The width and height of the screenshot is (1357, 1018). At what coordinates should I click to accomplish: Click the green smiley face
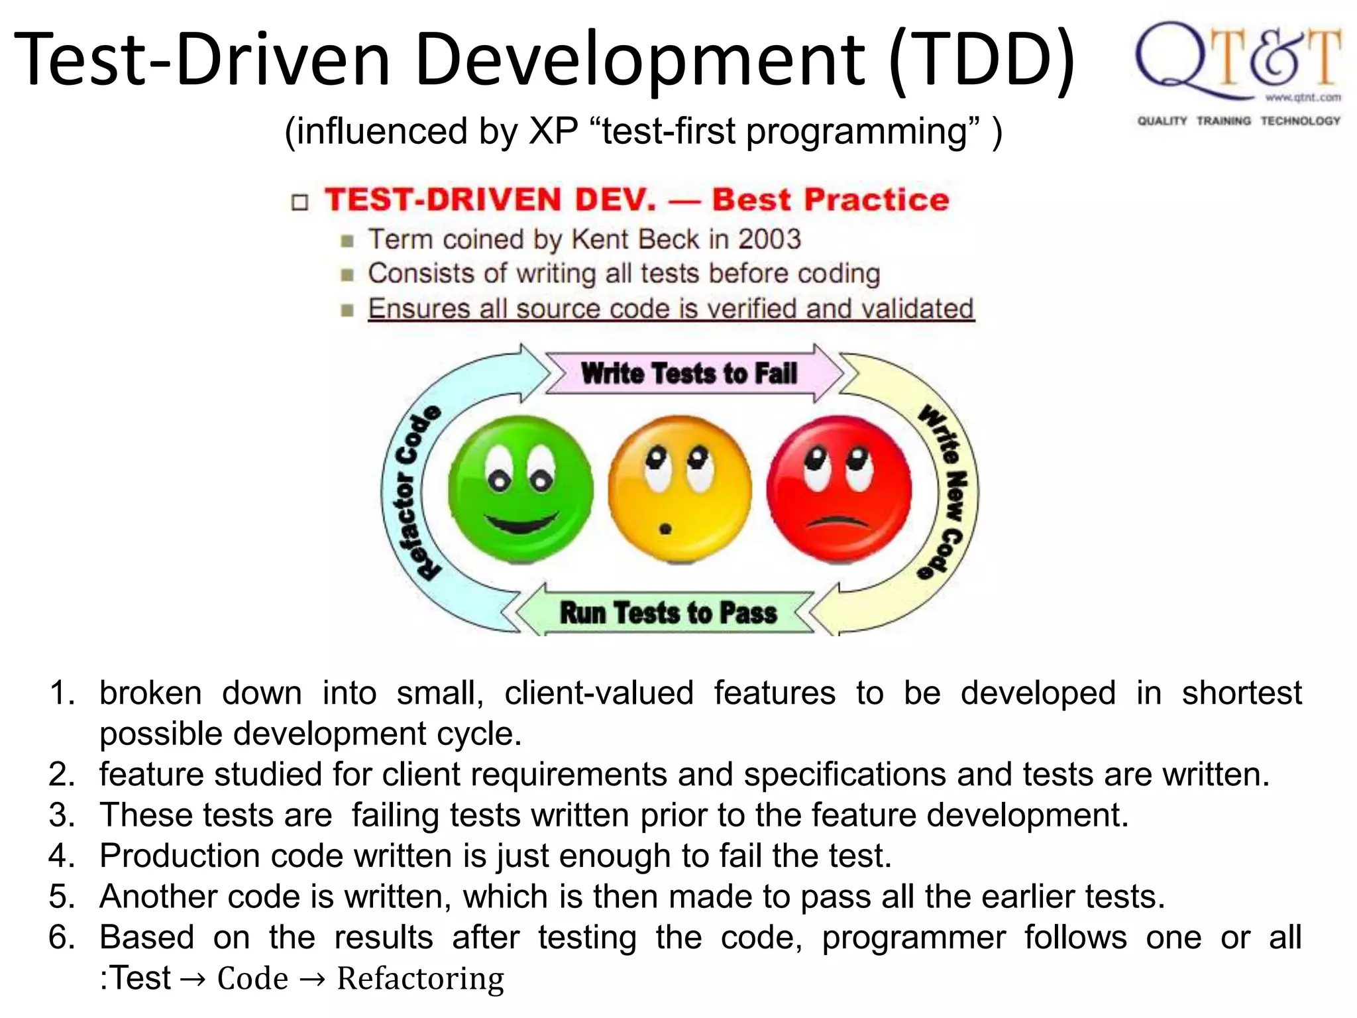click(520, 489)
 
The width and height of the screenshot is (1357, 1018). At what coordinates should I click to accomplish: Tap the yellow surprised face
click(680, 489)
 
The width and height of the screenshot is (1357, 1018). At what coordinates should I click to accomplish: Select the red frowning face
click(839, 489)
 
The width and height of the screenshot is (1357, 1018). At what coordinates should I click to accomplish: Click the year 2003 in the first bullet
click(769, 239)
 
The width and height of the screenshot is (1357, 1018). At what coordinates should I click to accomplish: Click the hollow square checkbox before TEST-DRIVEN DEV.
click(300, 202)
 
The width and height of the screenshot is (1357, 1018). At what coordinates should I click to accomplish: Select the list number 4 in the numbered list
click(61, 856)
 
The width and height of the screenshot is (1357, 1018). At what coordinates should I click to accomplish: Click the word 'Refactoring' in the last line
click(420, 979)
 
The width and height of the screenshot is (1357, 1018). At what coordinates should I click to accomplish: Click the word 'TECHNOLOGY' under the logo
click(1300, 121)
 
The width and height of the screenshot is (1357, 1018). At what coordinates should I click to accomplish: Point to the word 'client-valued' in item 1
click(599, 693)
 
